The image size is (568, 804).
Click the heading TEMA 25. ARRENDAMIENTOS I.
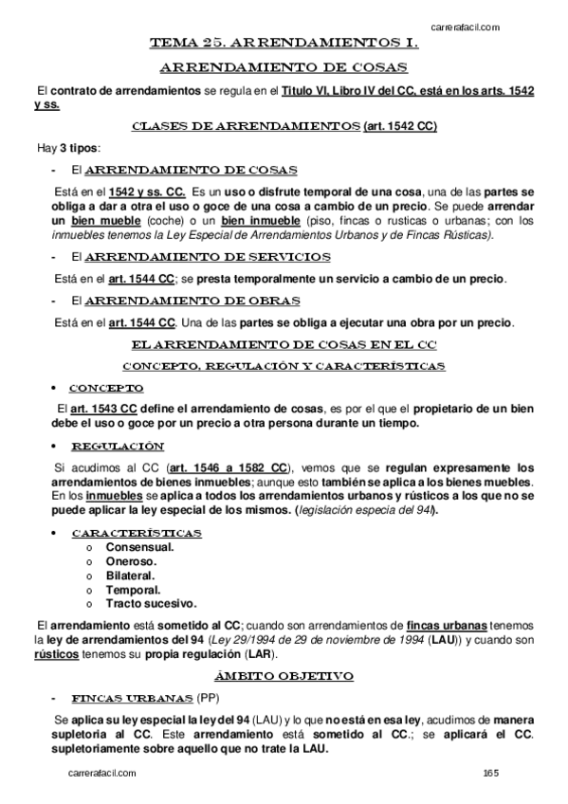click(284, 43)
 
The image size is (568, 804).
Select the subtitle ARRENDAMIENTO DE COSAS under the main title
click(284, 66)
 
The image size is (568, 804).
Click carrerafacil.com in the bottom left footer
click(102, 775)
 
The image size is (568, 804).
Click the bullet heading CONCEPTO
click(106, 388)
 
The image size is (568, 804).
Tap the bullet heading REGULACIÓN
click(118, 446)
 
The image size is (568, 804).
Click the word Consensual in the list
click(139, 548)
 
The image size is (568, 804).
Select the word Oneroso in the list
click(133, 561)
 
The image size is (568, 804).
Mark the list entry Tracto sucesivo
click(151, 603)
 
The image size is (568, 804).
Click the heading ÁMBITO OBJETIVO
click(284, 676)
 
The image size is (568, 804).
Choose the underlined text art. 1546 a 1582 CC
click(228, 467)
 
